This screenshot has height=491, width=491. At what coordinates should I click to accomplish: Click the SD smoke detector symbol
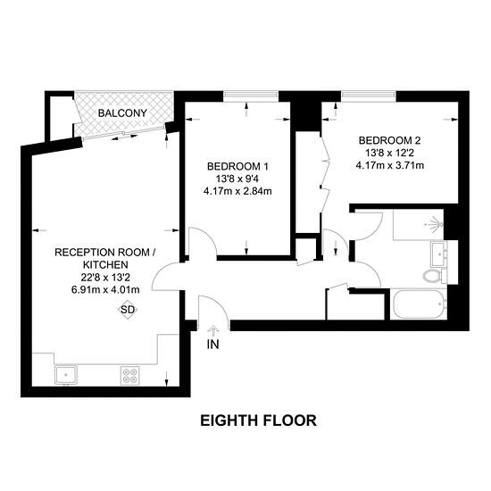(128, 310)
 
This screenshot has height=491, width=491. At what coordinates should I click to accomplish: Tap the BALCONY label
(122, 113)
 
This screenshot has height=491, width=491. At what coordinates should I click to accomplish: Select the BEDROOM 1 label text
(237, 166)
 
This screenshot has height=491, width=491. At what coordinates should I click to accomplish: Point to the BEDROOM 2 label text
(390, 140)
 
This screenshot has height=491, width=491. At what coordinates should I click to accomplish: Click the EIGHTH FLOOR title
(258, 420)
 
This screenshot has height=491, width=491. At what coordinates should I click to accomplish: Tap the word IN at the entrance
(213, 345)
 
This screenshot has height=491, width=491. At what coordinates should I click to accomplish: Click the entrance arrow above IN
(213, 330)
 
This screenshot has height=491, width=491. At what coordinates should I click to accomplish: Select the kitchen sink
(66, 375)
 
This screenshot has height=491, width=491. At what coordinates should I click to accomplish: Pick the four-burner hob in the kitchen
(130, 376)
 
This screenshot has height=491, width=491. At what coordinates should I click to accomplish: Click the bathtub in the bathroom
(420, 304)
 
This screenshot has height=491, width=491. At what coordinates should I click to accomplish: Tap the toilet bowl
(431, 276)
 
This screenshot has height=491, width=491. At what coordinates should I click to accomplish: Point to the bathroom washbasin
(439, 253)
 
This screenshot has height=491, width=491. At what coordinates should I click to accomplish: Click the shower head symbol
(435, 224)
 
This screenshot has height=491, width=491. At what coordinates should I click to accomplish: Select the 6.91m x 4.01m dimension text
(105, 289)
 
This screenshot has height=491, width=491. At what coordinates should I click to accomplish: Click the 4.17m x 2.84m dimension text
(237, 191)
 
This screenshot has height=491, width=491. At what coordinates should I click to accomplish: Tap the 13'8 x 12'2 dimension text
(390, 153)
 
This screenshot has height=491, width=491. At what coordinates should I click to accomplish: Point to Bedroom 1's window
(251, 96)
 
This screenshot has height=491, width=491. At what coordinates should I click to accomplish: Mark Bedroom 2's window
(369, 96)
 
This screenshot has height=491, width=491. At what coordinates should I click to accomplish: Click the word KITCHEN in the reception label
(105, 265)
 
